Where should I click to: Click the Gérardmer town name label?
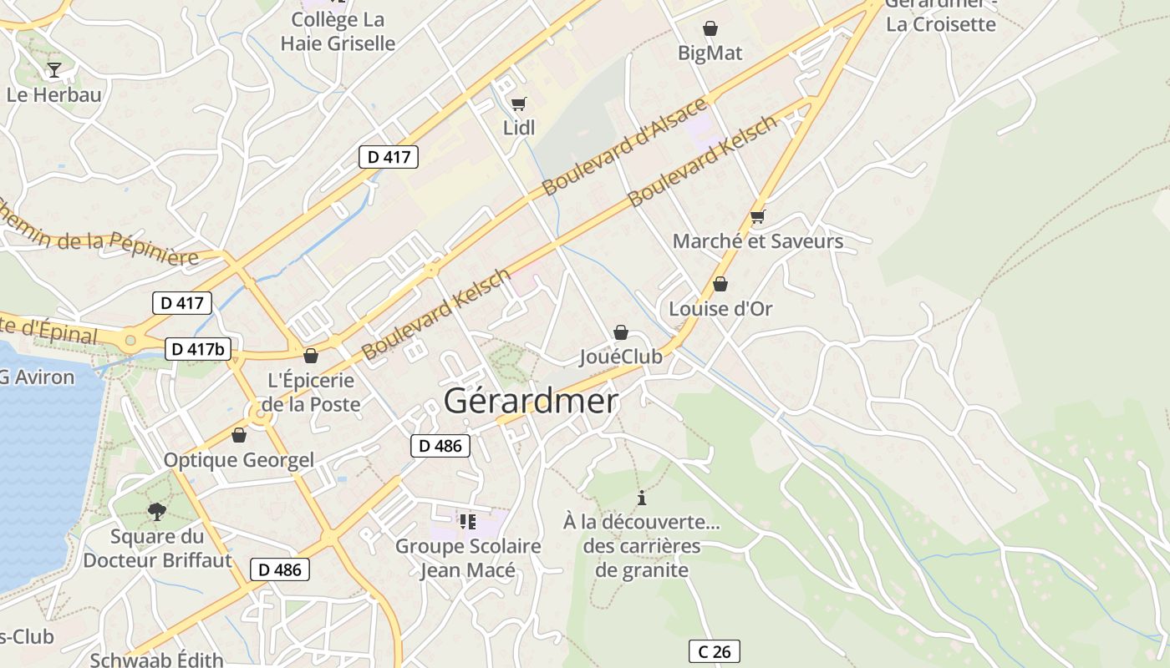click(531, 402)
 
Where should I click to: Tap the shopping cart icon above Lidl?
click(518, 104)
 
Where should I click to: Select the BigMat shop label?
click(710, 53)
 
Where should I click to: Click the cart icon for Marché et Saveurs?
click(757, 217)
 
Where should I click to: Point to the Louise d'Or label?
click(720, 309)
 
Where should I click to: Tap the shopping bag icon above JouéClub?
click(620, 332)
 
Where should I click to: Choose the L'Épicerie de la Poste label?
click(311, 392)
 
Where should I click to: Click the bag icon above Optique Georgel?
click(239, 436)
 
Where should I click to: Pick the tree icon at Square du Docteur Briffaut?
click(156, 511)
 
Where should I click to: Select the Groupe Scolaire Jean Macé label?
click(468, 559)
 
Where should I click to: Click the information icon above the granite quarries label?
click(642, 498)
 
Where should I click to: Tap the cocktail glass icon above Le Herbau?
click(54, 70)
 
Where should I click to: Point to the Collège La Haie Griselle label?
click(338, 31)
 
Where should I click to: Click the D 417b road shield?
click(197, 349)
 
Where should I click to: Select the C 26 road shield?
click(714, 651)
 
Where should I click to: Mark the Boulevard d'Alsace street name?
click(625, 147)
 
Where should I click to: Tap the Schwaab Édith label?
click(156, 660)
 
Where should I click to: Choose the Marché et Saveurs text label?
click(758, 242)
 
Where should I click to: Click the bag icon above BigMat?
click(710, 29)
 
